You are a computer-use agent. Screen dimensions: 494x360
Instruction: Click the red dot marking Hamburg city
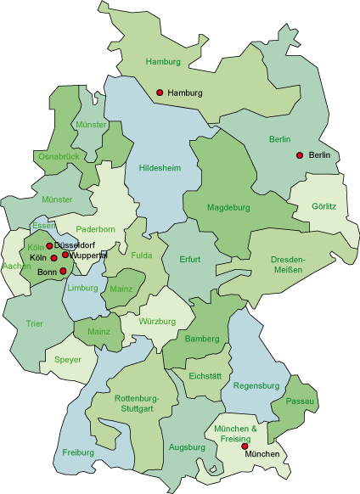(160, 93)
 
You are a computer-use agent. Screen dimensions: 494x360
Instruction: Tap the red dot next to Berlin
(299, 154)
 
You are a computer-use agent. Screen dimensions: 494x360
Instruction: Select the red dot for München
(245, 446)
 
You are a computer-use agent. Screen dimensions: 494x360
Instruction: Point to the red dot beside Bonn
(63, 272)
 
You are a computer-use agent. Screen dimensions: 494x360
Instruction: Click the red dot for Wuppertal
(65, 255)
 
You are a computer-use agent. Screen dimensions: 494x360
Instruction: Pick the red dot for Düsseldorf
(49, 246)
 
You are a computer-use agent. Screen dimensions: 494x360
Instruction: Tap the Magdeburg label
(228, 207)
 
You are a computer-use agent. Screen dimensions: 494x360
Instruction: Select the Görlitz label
(324, 206)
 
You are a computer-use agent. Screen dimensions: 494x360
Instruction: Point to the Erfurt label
(189, 259)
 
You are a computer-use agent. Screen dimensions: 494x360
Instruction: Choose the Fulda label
(141, 255)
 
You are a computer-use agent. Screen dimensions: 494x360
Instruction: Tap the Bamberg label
(201, 340)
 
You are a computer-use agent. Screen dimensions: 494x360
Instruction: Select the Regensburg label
(256, 385)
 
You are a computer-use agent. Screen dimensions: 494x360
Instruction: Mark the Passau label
(301, 401)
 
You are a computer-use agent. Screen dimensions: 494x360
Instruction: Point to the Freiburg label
(78, 452)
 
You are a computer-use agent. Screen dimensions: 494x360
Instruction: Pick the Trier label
(34, 324)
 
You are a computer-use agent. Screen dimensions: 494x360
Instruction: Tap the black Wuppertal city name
(89, 255)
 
